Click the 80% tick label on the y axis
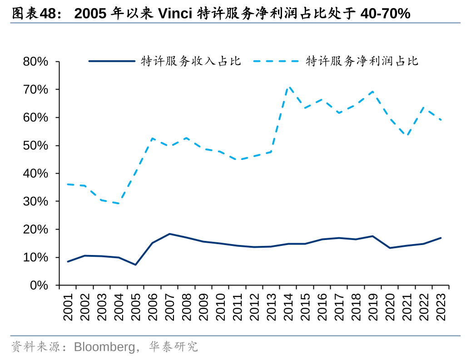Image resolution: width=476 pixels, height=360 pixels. click(35, 61)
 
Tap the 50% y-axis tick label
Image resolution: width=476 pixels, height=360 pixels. click(35, 145)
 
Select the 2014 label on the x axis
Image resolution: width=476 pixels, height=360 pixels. click(288, 306)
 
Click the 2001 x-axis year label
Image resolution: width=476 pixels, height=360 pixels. click(68, 306)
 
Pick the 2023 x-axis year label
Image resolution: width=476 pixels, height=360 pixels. click(441, 306)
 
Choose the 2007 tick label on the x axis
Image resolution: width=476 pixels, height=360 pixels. click(169, 306)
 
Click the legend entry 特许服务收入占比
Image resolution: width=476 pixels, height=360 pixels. click(191, 61)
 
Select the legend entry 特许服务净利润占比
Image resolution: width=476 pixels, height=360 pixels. click(362, 61)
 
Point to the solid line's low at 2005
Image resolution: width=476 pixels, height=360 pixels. click(135, 265)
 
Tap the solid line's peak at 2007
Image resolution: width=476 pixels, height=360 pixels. click(169, 234)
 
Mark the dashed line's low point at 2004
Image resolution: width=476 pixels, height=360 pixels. click(119, 203)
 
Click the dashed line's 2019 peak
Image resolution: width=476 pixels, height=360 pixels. click(373, 91)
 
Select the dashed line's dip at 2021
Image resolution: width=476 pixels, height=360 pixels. click(407, 135)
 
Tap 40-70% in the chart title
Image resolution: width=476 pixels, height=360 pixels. click(385, 14)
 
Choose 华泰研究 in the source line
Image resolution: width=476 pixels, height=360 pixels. click(174, 347)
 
